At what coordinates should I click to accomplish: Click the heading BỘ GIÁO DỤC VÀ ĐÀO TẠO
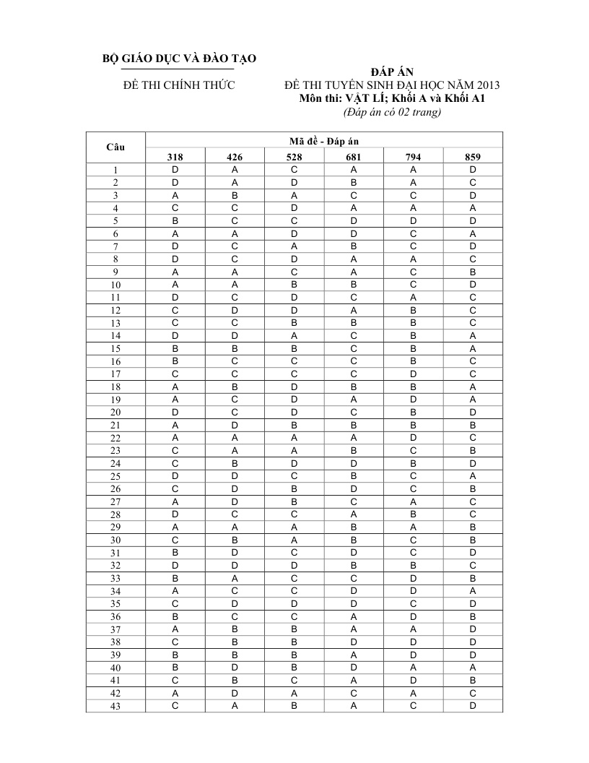point(180,58)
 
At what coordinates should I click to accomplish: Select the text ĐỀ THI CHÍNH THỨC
point(180,85)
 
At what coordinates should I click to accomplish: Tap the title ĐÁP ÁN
point(392,72)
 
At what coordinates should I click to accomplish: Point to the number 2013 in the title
point(487,85)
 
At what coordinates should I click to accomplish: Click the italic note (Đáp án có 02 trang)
point(392,112)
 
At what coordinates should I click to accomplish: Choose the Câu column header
point(115,147)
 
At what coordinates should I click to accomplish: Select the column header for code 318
point(175,157)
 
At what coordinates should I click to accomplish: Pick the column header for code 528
point(294,157)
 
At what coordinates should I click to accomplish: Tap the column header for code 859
point(473,157)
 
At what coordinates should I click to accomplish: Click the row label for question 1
point(115,171)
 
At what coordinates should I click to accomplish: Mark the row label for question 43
point(115,707)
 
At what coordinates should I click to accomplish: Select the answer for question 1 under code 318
point(175,170)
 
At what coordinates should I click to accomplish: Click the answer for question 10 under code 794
point(413,285)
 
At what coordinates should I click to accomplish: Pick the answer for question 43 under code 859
point(473,706)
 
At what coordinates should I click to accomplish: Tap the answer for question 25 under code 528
point(294,476)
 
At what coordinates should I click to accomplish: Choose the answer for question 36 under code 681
point(354,616)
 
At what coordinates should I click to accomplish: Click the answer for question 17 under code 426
point(235,374)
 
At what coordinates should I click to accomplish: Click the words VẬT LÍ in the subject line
point(369,99)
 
